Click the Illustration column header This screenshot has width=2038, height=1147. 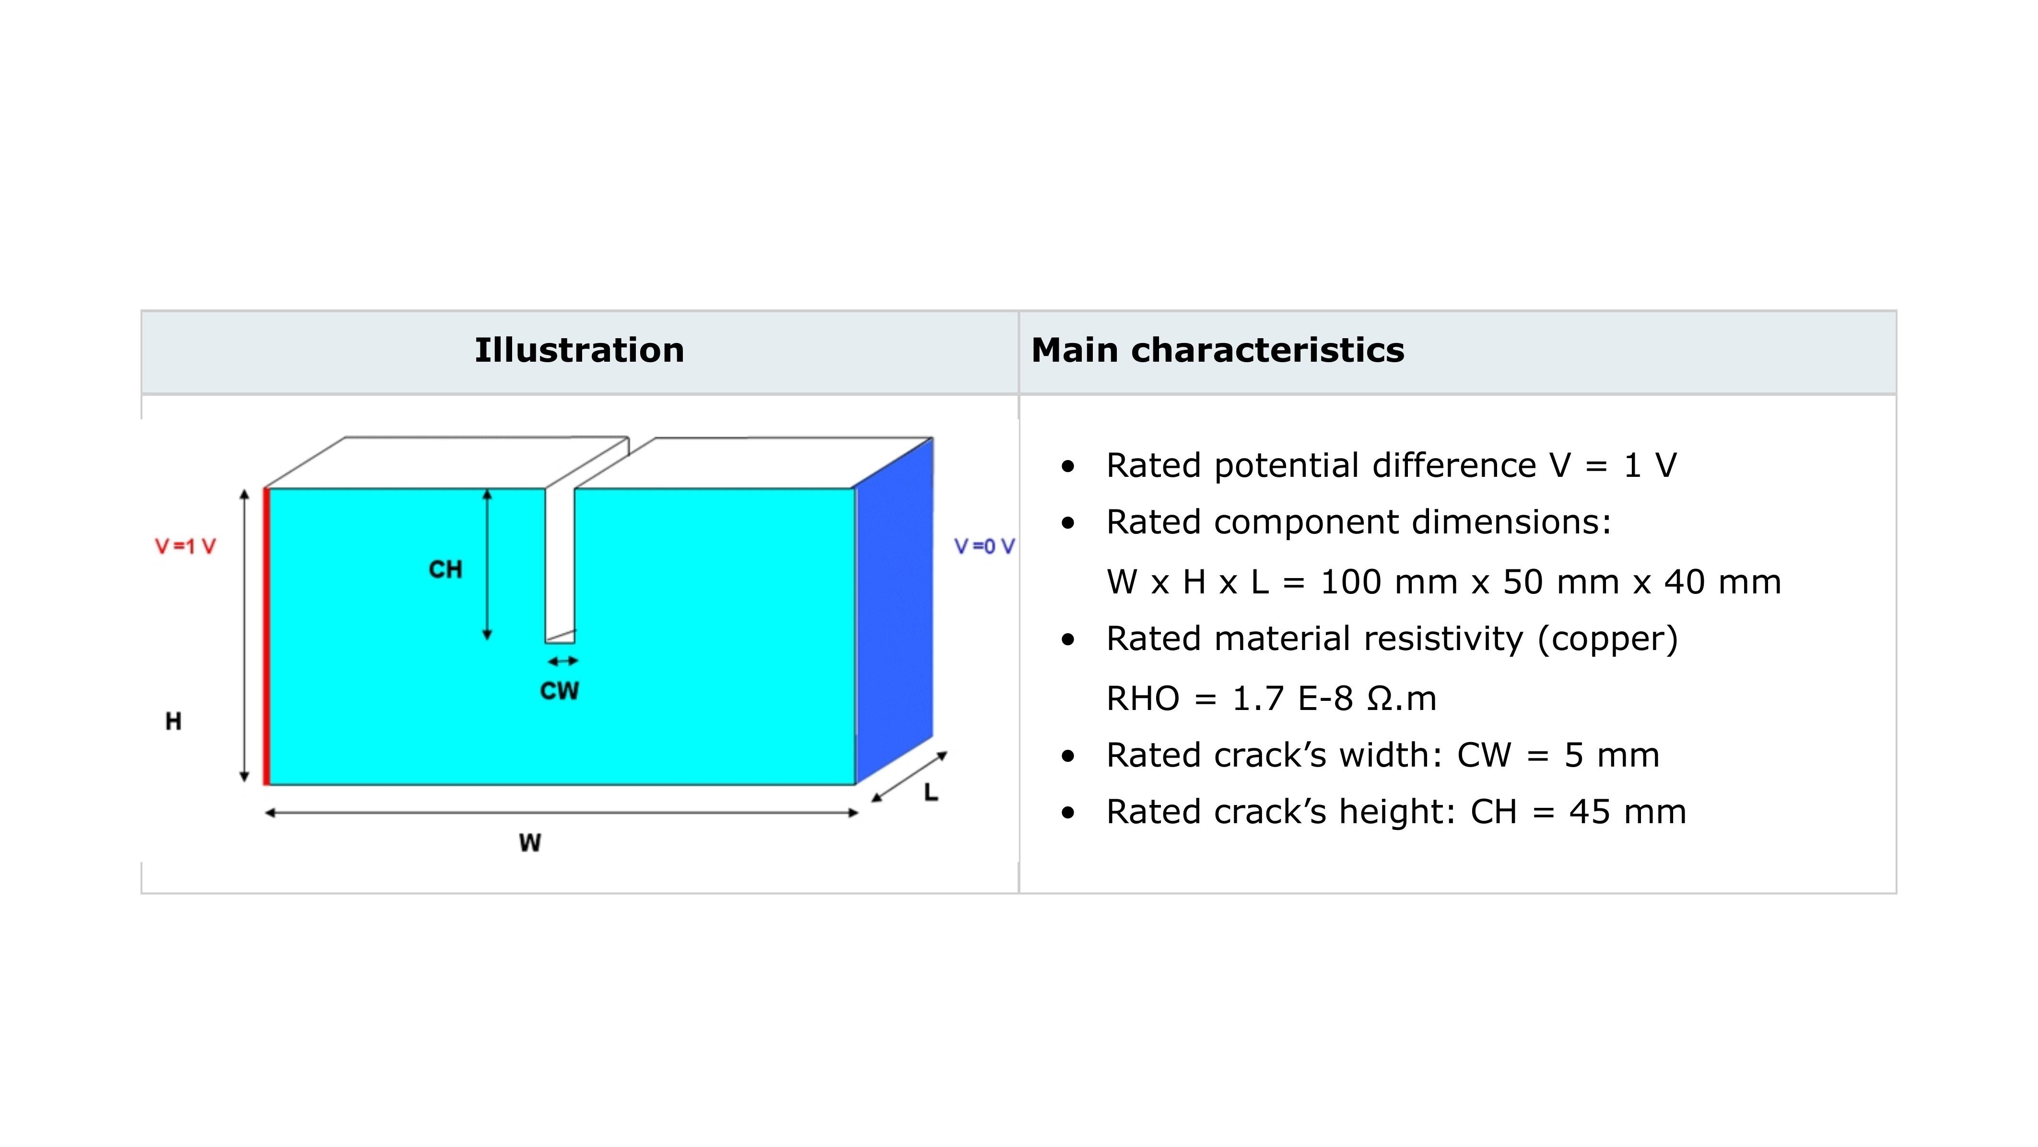coord(579,350)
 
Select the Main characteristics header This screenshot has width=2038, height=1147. coord(1218,350)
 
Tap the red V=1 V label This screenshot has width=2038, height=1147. coord(185,546)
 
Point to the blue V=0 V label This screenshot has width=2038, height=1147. coord(984,546)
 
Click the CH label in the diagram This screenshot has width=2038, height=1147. coord(445,569)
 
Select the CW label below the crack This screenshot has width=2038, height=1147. coord(559,691)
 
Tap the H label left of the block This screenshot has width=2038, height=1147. coord(173,721)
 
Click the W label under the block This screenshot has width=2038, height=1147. coord(530,843)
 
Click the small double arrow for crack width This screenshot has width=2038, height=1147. coord(562,661)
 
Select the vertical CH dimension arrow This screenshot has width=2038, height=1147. coord(487,565)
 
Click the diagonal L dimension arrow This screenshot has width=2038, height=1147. coord(910,777)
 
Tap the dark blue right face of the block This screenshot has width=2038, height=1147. coord(894,610)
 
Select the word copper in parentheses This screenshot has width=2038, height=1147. coord(1607,639)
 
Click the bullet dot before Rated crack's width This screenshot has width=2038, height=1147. coord(1068,756)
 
